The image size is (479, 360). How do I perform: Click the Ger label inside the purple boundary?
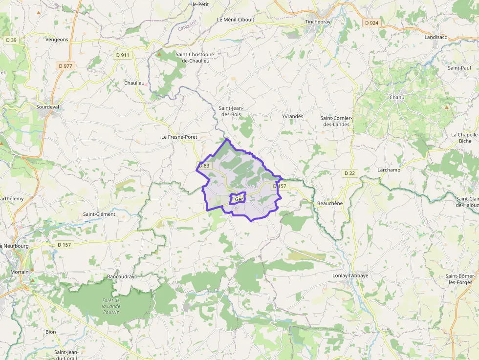point(239,199)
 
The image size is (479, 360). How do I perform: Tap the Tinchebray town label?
point(318,22)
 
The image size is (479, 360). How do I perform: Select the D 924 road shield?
point(371,23)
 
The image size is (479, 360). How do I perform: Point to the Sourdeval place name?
point(47,106)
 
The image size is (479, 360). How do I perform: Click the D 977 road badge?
point(65,66)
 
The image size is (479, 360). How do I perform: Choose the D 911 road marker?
point(123,55)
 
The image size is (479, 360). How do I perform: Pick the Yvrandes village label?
point(293,116)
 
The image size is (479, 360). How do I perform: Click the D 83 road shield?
point(204,166)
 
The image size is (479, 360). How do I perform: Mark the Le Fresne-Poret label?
point(179,137)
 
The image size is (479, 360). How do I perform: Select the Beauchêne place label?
point(330,203)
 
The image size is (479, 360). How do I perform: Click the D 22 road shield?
point(349,173)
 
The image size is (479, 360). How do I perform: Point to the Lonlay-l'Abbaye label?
point(350,275)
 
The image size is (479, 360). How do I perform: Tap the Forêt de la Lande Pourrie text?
point(111,306)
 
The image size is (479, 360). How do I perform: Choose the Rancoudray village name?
point(121,276)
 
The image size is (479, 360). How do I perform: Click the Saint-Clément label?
point(99,214)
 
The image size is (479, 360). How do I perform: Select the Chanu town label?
point(397,97)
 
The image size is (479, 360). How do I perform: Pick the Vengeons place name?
point(57,39)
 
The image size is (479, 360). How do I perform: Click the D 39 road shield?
point(11,40)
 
